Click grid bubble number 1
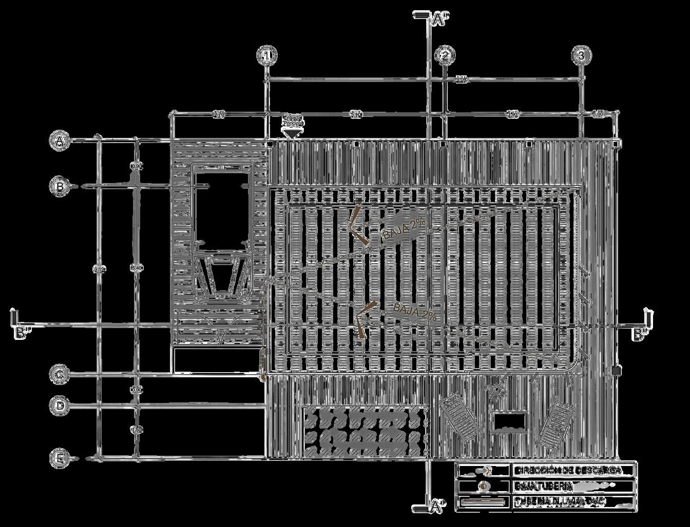267,55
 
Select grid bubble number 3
581,55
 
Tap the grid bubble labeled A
60,140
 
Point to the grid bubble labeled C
60,375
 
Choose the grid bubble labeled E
60,458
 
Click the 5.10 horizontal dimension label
356,115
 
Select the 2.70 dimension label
219,115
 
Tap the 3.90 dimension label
512,115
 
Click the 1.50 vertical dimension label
136,430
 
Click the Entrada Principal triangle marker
292,133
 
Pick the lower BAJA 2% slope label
415,312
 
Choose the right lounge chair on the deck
556,424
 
